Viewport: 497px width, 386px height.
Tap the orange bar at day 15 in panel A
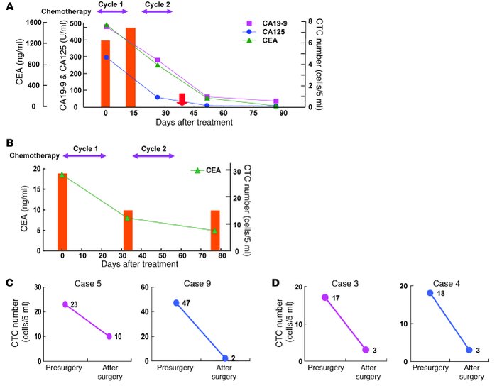[x=131, y=67]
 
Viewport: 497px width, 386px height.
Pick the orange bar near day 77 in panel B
[x=214, y=231]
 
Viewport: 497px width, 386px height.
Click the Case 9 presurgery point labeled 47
[x=175, y=303]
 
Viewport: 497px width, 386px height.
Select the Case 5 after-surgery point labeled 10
[x=109, y=336]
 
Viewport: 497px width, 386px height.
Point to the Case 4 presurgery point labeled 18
[x=430, y=293]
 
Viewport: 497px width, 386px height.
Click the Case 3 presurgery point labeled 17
[x=325, y=297]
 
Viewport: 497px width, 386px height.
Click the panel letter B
[x=9, y=142]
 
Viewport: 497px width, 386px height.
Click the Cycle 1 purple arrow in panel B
[x=84, y=157]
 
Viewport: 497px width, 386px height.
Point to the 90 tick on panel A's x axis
[x=284, y=114]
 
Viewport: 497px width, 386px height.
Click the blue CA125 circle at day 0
[x=106, y=57]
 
